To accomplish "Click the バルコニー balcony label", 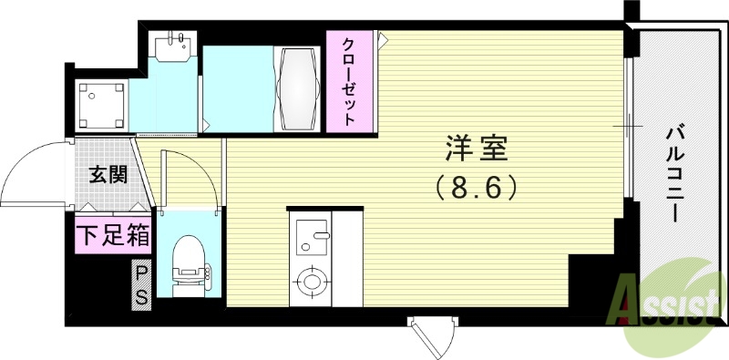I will click(674, 172).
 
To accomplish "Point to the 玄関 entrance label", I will click(107, 175).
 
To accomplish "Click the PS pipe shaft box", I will click(142, 284).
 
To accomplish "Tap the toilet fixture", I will click(189, 262).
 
